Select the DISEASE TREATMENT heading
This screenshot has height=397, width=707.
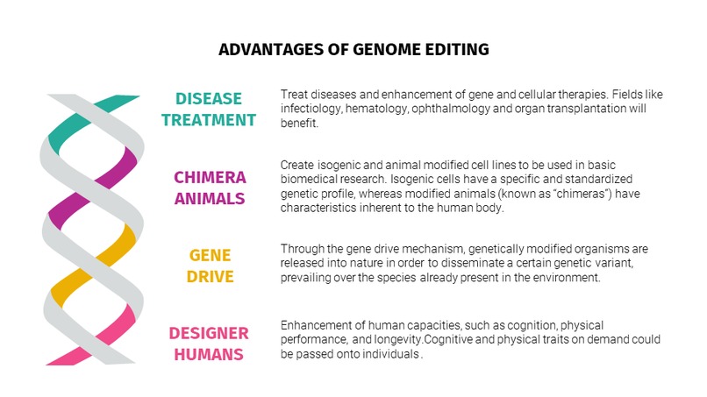[209, 109]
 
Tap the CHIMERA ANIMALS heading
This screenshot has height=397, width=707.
[209, 187]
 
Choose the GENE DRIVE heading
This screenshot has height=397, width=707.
[210, 265]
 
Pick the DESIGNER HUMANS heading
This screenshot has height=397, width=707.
[209, 343]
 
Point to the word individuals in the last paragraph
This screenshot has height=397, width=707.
[388, 354]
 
